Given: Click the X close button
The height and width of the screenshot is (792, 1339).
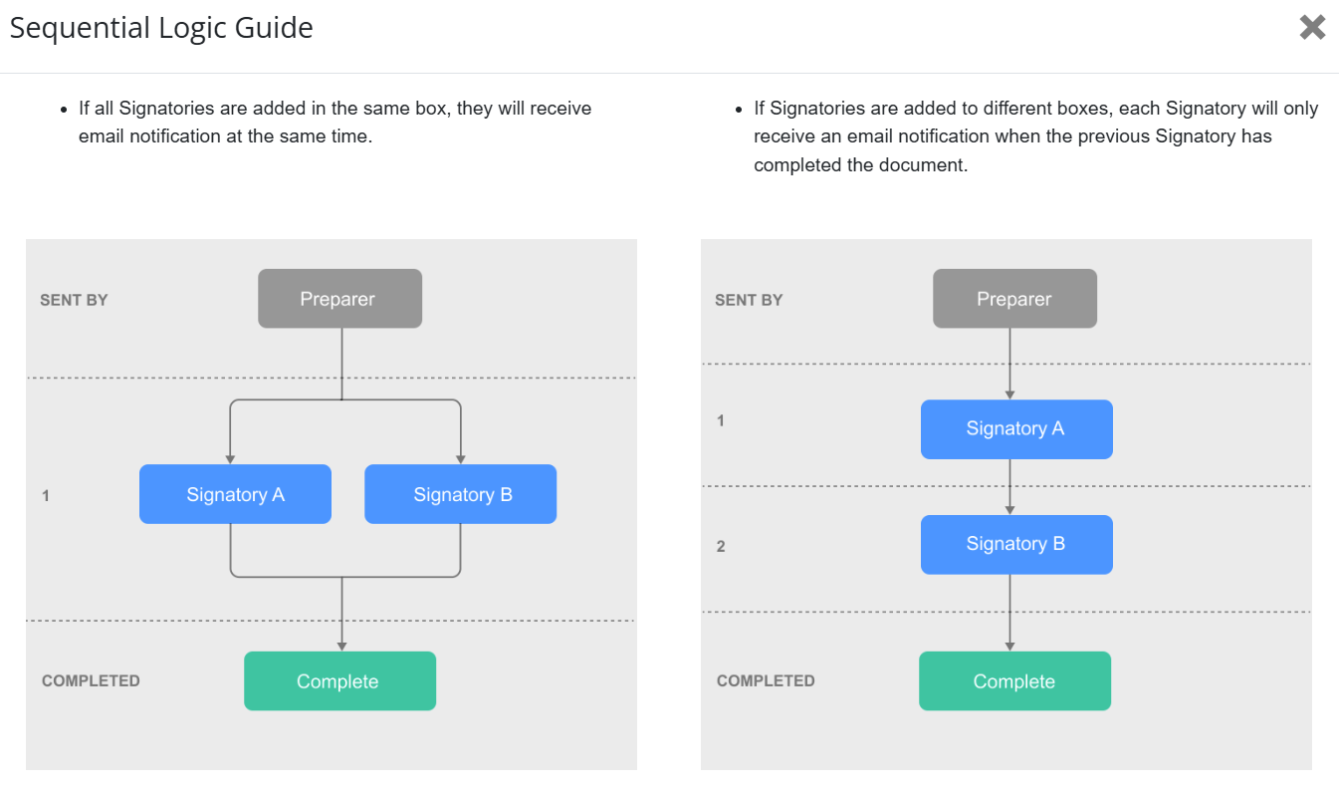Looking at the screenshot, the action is tap(1312, 28).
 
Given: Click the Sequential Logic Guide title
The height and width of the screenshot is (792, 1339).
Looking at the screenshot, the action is tap(161, 28).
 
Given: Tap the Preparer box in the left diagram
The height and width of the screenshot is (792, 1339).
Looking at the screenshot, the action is tap(339, 299).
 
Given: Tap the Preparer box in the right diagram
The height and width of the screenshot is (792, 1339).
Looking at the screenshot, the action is tap(1014, 299).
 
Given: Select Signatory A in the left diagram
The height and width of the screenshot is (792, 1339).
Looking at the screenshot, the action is tap(235, 494).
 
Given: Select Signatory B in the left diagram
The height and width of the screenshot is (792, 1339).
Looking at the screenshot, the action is tap(460, 494).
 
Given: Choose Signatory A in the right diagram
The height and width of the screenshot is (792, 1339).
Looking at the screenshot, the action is tap(1016, 429).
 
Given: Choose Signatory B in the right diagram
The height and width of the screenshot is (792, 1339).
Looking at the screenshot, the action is tap(1016, 544).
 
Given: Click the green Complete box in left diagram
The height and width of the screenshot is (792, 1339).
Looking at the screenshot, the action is tap(339, 680).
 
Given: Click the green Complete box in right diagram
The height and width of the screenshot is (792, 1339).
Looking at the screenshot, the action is tap(1014, 680).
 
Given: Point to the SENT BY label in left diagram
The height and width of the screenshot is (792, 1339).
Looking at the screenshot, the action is tap(74, 300).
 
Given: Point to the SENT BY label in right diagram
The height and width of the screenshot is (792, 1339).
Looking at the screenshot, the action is tap(749, 300).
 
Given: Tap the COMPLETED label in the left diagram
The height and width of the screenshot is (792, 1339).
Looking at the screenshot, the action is tap(91, 680).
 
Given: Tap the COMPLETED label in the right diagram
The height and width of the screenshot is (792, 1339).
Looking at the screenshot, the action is tap(766, 680).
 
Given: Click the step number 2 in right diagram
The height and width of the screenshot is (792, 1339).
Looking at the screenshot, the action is tap(721, 546).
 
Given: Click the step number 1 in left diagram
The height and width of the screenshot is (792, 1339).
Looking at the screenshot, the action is tap(46, 496).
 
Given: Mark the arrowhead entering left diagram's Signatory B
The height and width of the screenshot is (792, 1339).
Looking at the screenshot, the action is tap(460, 460).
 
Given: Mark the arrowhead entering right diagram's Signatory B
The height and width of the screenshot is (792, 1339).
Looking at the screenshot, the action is tap(1009, 510).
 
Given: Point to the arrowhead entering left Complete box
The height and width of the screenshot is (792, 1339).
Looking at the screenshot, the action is tap(341, 647).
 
